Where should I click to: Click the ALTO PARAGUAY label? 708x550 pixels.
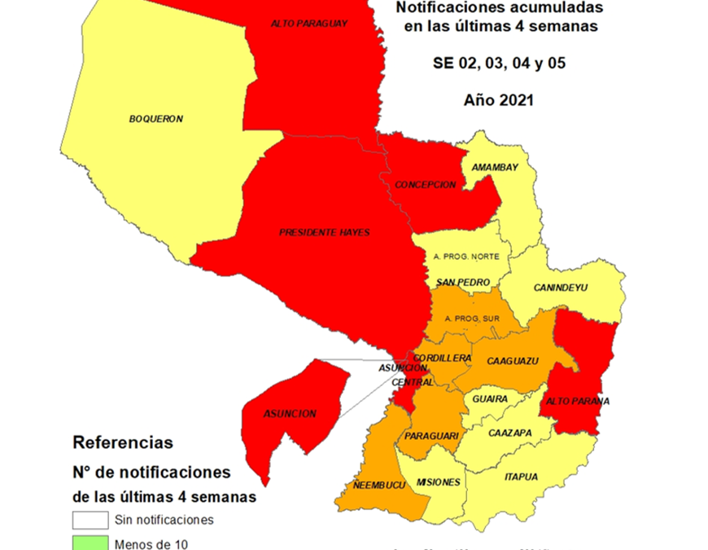(308, 24)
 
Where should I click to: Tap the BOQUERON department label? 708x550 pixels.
(156, 119)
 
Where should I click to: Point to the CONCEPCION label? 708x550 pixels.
(426, 185)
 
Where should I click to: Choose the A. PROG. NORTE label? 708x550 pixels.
(466, 256)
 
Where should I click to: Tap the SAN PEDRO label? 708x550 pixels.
(463, 283)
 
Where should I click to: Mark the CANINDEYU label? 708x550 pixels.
(561, 288)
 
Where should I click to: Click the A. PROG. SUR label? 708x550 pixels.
(467, 318)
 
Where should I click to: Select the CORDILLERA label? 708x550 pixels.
(442, 359)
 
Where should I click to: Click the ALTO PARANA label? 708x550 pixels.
(578, 401)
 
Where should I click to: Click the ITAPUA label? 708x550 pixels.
(521, 477)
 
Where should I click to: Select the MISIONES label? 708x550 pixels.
(438, 482)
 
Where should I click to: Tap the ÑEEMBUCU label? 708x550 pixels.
(379, 486)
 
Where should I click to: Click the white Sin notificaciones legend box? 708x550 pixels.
(90, 520)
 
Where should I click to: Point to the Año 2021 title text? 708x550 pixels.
(498, 100)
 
